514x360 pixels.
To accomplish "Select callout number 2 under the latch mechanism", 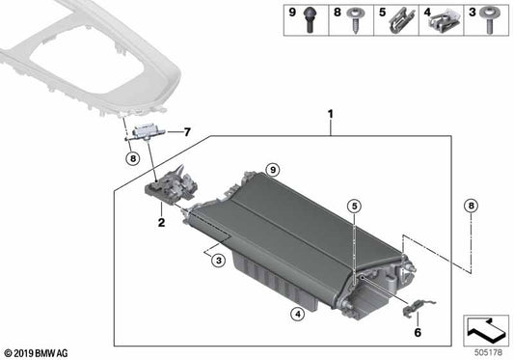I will [x=161, y=222].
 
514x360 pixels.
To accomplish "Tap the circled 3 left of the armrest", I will [x=220, y=261].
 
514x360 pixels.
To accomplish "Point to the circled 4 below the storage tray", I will [x=298, y=313].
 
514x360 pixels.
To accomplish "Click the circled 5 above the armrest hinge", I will [x=354, y=206].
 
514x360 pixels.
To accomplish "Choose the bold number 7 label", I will [x=188, y=131].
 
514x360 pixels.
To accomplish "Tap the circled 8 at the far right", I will [x=471, y=205].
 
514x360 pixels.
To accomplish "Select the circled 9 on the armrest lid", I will [x=273, y=170].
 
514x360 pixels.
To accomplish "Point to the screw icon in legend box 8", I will [x=357, y=18].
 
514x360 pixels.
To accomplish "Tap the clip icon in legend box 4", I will [x=445, y=18].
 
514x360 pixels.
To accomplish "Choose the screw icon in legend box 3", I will [x=490, y=18].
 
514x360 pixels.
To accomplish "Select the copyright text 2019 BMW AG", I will [x=43, y=352].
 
